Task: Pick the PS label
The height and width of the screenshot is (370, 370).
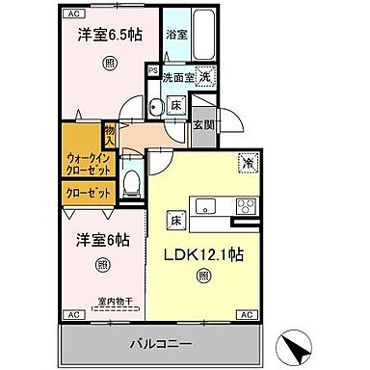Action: (x=152, y=69)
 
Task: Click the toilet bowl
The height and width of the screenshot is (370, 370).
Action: (x=136, y=183)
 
